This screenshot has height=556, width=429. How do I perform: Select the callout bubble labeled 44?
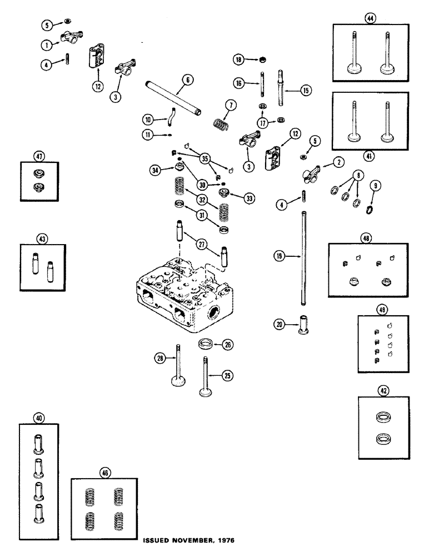(369, 19)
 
